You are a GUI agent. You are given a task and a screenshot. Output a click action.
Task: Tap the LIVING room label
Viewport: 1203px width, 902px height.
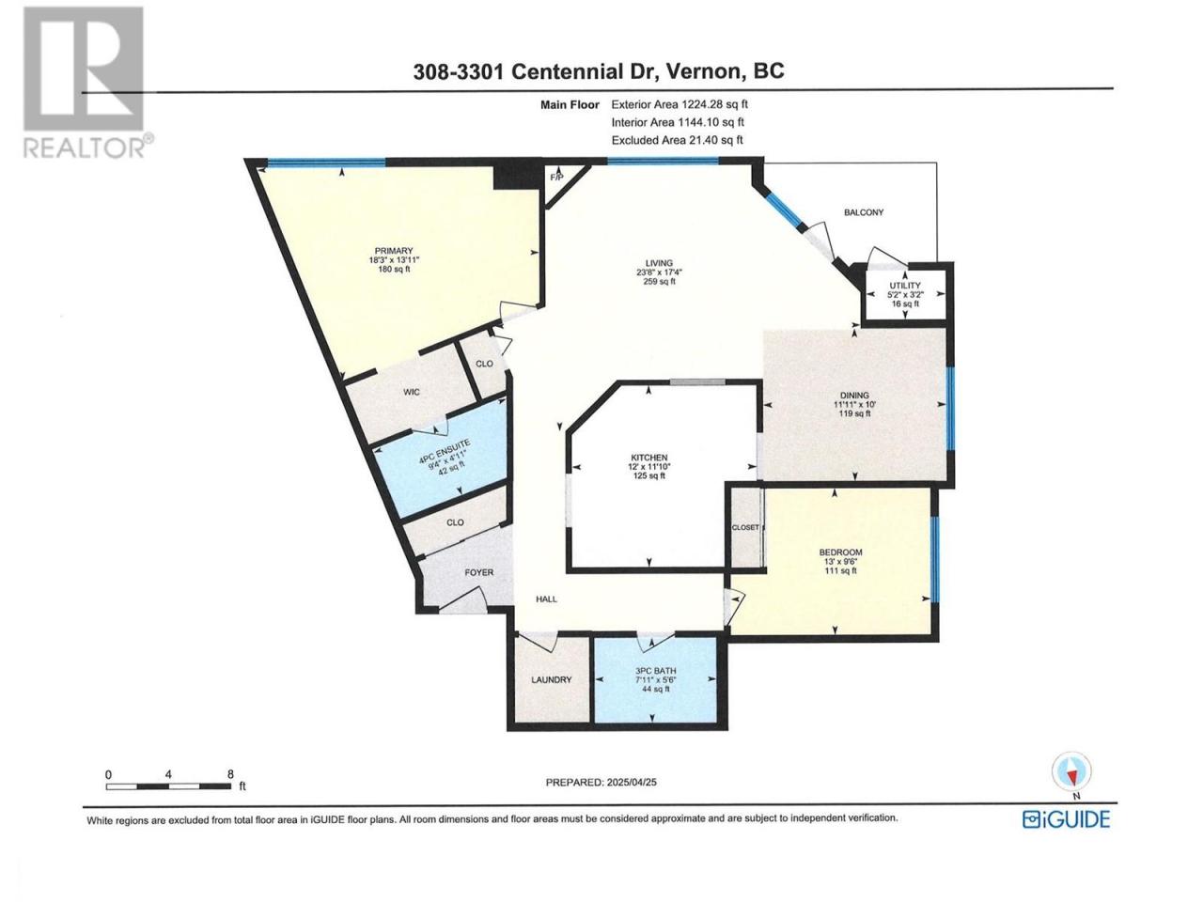point(659,263)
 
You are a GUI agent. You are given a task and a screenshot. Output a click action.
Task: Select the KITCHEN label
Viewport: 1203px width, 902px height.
point(648,458)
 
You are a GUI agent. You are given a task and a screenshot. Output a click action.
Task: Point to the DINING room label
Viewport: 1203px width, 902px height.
point(855,396)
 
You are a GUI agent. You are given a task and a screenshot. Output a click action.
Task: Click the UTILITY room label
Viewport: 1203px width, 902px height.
point(905,286)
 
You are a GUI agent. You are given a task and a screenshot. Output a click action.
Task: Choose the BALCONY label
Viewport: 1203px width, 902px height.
point(864,212)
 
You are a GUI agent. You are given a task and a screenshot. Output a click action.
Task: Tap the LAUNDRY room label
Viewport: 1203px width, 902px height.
point(552,679)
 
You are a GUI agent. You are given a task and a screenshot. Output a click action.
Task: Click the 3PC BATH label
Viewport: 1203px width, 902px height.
point(655,671)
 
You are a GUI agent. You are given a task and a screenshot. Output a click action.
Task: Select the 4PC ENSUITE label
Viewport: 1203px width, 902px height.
point(444,451)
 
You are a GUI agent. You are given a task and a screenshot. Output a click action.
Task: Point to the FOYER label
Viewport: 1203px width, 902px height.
point(479,572)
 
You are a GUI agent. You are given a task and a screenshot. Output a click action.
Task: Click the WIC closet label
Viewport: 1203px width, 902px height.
point(412,392)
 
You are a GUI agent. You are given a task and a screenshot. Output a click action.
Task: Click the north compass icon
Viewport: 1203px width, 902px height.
point(1071,771)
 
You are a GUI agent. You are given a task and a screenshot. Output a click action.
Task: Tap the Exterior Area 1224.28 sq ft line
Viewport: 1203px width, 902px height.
point(680,104)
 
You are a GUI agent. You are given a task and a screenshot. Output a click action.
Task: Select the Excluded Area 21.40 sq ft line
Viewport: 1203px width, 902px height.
point(678,140)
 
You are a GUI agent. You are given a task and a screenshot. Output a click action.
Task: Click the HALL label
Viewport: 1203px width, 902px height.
point(546,599)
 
